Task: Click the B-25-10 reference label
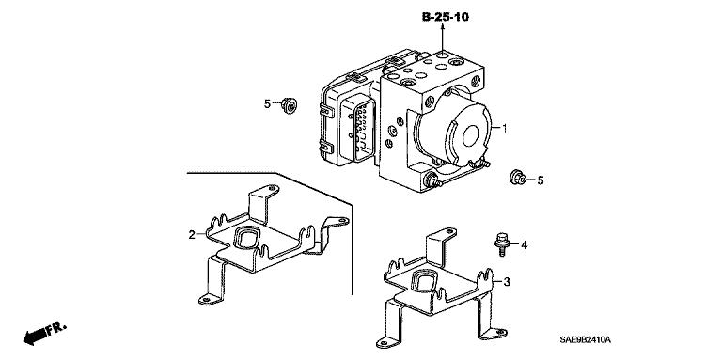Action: tap(446, 17)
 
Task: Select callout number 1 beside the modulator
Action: tap(504, 128)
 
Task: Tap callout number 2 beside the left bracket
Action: tap(192, 235)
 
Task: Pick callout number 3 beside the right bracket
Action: tap(507, 282)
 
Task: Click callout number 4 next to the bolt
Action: tap(524, 245)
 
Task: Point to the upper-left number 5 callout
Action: tap(267, 104)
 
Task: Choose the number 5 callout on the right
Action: tap(541, 180)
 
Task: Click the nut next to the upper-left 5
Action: tap(289, 105)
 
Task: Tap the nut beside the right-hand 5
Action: tap(518, 178)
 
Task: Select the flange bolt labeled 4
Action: tap(501, 244)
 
